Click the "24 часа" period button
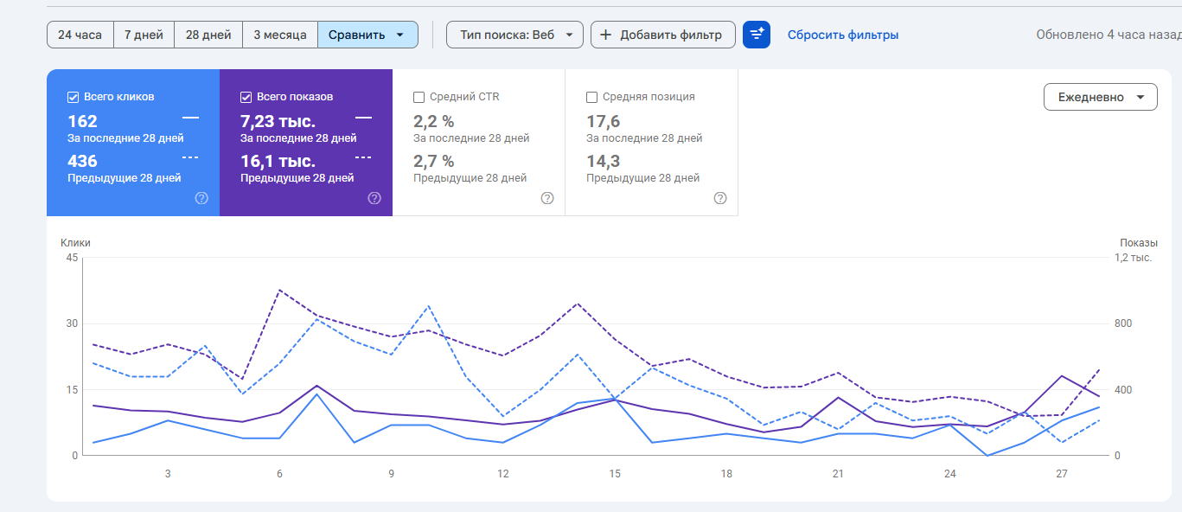80,35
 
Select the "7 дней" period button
144,35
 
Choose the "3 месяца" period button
280,35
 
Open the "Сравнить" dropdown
367,35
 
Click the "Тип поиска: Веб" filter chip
514,35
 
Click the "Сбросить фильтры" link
842,35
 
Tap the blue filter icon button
757,35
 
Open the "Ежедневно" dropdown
1100,97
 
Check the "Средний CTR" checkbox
419,97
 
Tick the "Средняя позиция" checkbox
592,97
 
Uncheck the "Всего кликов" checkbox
73,97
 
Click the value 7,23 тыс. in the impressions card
278,121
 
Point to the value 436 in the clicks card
83,161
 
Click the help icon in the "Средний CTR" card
547,198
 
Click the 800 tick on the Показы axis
1123,323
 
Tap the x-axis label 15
615,474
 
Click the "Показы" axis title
1138,243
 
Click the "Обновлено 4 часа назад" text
1109,35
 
